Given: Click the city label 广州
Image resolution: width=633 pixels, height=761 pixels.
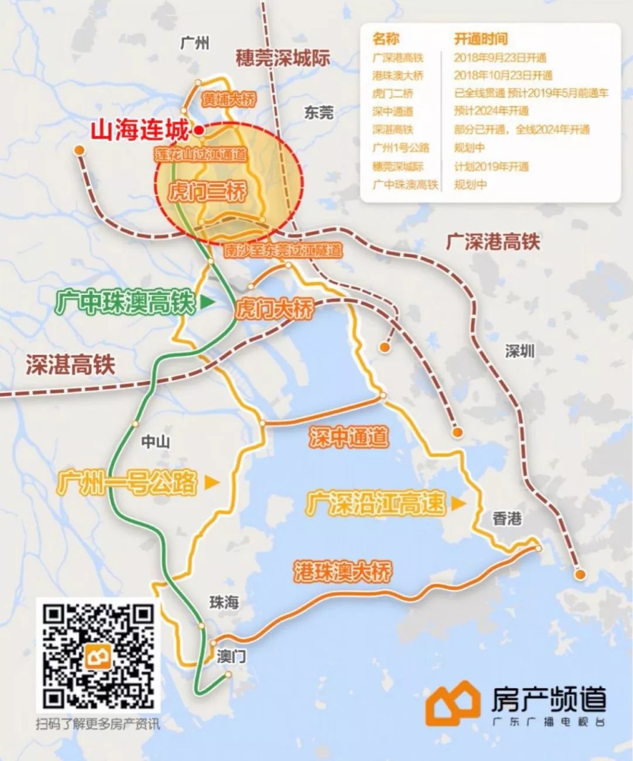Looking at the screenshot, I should (x=195, y=43).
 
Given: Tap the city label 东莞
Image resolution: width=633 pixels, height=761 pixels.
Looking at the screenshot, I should (x=318, y=113).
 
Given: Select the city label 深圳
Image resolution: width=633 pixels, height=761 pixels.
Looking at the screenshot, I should (x=520, y=351).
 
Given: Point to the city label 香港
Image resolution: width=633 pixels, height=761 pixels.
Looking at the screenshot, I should (x=507, y=518).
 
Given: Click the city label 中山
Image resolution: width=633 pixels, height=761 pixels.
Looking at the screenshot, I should (x=155, y=441).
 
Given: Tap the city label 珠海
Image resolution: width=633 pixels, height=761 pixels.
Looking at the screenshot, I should (x=224, y=602).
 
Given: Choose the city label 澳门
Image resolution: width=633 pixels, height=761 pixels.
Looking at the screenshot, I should (x=232, y=655).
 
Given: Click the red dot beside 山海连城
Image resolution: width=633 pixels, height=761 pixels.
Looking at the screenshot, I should (x=199, y=130).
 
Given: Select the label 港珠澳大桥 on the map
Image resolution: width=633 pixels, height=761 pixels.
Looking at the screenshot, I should (x=343, y=571).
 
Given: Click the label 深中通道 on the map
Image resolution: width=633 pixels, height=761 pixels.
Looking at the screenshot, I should (x=349, y=437).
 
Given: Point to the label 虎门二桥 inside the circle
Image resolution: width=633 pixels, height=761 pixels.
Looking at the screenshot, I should (x=207, y=192).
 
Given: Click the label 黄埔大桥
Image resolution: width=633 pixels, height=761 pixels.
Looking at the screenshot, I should (x=229, y=100).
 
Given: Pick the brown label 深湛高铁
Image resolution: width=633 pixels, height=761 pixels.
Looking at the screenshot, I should (x=70, y=365).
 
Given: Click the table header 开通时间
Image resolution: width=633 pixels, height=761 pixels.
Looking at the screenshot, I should (x=481, y=39).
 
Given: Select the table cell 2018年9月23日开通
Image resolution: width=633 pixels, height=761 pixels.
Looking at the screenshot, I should (x=500, y=57).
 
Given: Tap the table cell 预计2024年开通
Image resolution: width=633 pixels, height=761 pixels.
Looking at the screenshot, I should (x=491, y=111).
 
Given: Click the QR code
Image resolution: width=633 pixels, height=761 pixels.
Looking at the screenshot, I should (x=98, y=655).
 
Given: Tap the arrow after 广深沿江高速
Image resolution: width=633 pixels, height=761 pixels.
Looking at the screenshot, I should (x=458, y=503).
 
